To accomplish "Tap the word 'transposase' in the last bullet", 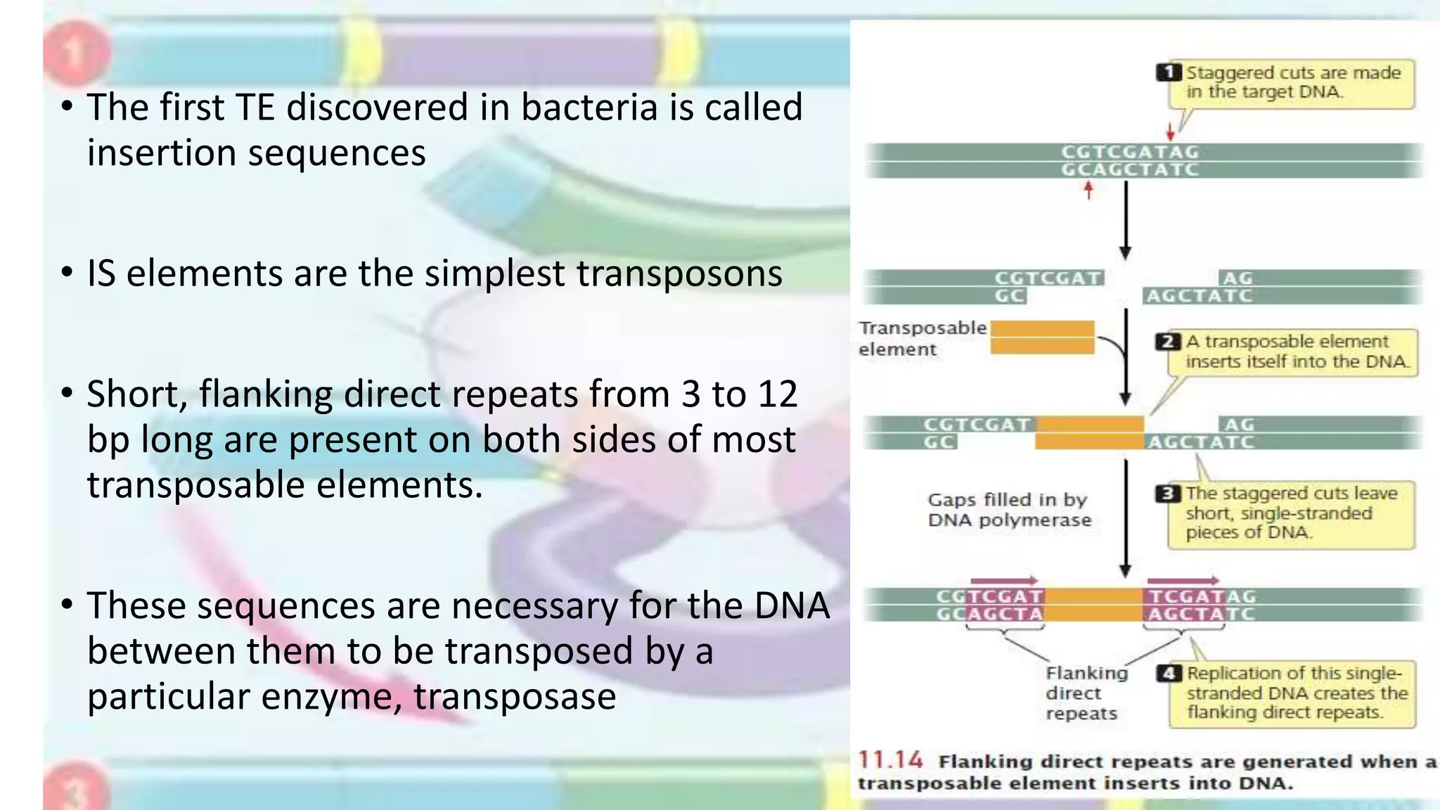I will (x=515, y=697).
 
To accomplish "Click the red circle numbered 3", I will (x=76, y=791).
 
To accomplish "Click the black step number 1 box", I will (x=1169, y=72).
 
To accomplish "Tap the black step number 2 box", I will (x=1168, y=342).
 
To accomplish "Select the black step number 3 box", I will (x=1168, y=494).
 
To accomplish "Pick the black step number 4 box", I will (x=1169, y=674).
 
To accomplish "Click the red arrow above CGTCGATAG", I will (x=1170, y=131).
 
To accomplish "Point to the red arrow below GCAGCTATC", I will (x=1088, y=190).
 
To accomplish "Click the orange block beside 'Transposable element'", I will (x=1042, y=337).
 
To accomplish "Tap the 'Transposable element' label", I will (x=922, y=338).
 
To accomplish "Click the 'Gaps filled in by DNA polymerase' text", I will (x=1009, y=510).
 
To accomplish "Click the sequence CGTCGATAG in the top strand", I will (x=1129, y=152).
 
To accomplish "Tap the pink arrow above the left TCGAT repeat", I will (x=1003, y=581).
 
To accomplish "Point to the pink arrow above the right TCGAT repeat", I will (x=1183, y=581).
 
